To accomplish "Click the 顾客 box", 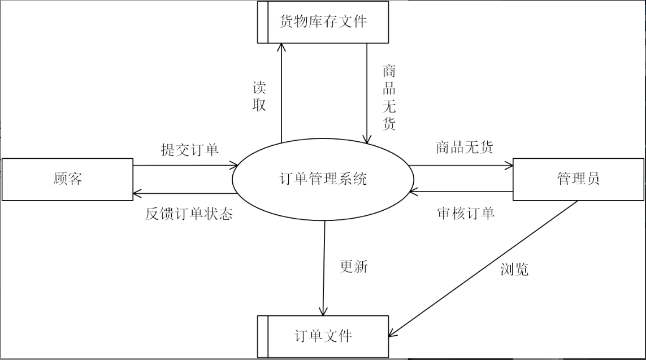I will tap(67, 179).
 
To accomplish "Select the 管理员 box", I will tap(578, 179).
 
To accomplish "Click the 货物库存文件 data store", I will tap(323, 22).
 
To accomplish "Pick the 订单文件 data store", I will tap(323, 336).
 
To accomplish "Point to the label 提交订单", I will tap(190, 150).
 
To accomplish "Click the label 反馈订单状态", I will tap(188, 214).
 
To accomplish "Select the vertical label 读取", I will tap(259, 96).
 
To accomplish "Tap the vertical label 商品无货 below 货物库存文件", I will tap(389, 98).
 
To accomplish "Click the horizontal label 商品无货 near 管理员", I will tap(464, 148).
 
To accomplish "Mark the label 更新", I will tap(353, 266).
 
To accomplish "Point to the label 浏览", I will tap(514, 269).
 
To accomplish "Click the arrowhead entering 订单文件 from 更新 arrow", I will tap(323, 311).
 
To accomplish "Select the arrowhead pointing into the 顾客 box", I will tap(137, 194).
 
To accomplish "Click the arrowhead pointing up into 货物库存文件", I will tap(280, 47).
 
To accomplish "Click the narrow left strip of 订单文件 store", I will tap(263, 336).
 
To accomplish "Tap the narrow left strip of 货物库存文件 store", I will tap(263, 22).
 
